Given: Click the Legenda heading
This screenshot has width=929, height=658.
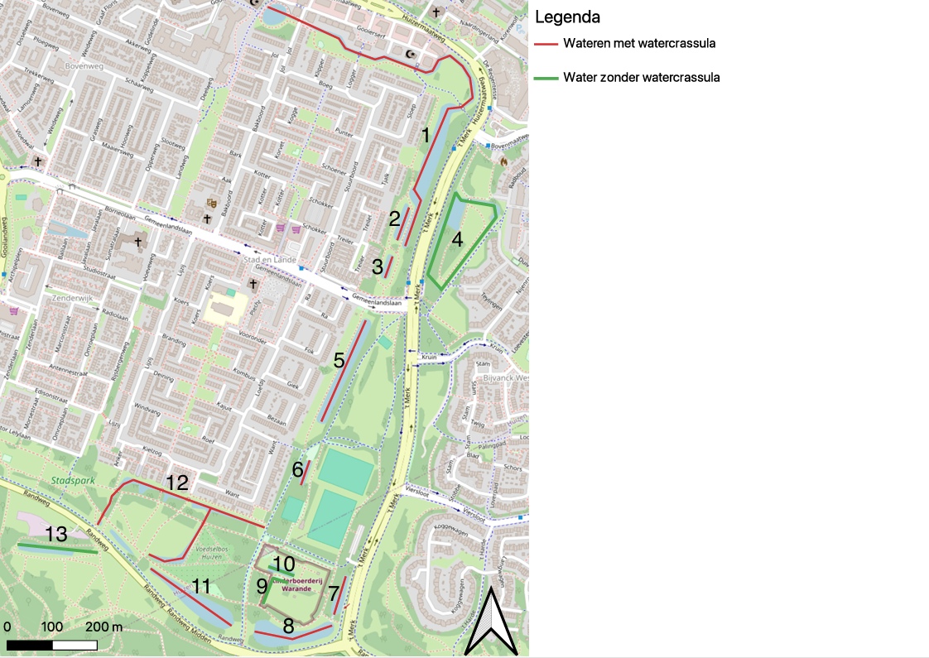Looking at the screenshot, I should [567, 17].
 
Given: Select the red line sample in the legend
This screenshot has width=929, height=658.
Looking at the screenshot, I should [546, 43].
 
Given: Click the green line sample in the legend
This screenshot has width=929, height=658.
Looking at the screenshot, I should [546, 78].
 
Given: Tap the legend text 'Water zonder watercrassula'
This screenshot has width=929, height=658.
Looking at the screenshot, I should [641, 78].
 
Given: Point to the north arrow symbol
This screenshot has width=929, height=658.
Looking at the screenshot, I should [491, 621].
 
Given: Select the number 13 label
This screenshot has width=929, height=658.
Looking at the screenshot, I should [55, 534].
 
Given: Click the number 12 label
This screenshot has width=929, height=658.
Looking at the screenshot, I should [177, 482].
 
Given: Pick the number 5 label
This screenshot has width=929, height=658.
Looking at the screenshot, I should [339, 360].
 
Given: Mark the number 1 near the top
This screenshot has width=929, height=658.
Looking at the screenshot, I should [426, 135].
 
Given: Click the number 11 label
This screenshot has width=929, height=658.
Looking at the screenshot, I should [201, 586].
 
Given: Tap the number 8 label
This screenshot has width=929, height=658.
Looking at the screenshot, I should [288, 626].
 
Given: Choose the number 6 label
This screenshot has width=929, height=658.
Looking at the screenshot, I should [298, 469].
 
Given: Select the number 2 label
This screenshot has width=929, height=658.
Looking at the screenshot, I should [395, 219].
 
